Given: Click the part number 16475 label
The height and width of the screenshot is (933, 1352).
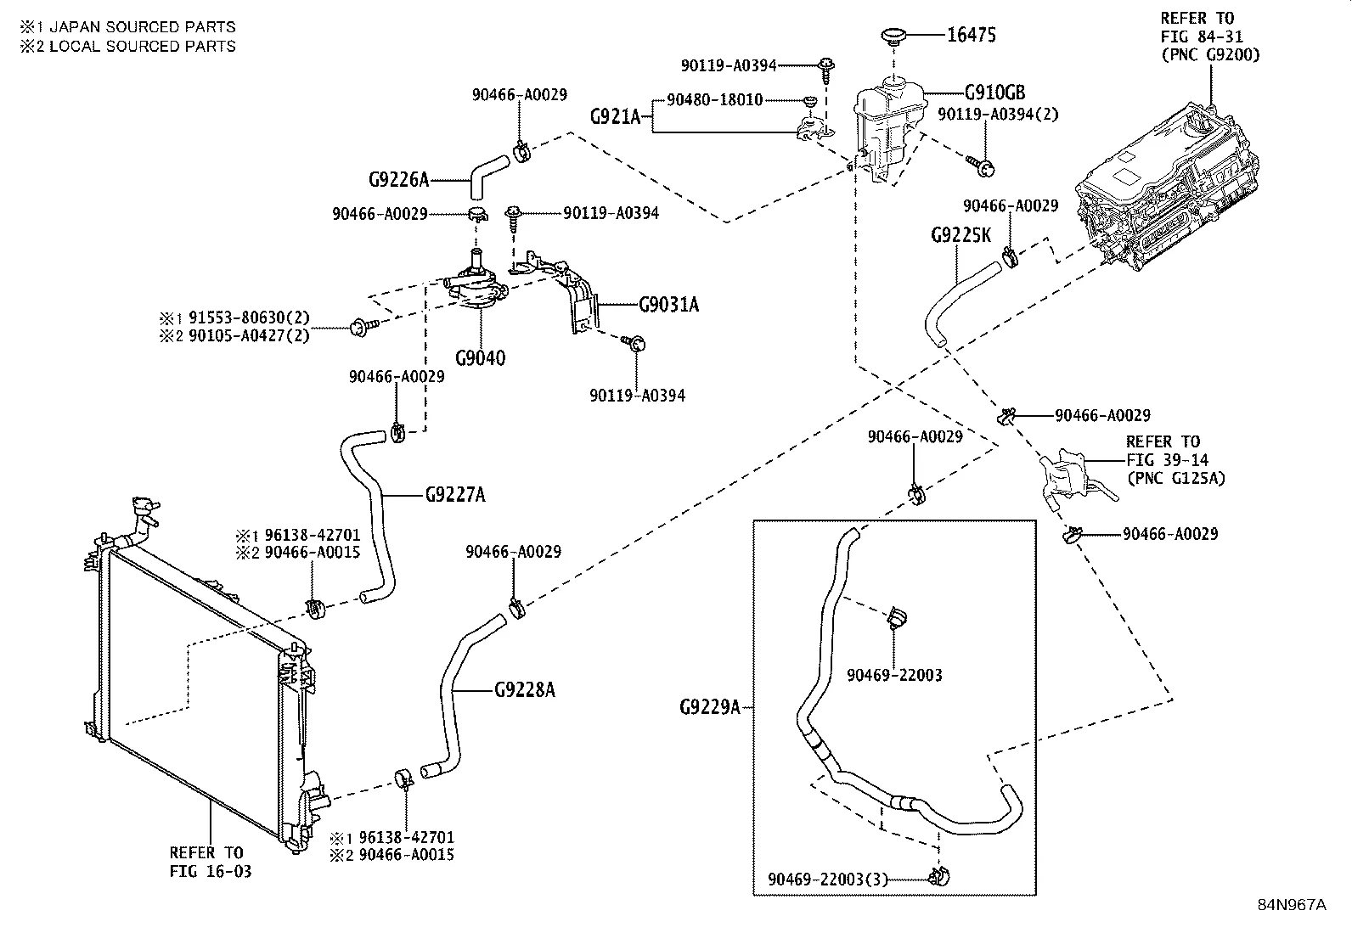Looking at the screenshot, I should point(972,35).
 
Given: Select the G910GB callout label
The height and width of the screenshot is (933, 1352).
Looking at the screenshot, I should point(994,93).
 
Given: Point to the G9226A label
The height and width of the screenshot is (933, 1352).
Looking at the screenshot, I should point(398,180).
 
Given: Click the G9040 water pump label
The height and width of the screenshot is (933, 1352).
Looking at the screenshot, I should point(480,357).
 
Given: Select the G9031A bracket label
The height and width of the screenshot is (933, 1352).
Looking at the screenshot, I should point(668,304).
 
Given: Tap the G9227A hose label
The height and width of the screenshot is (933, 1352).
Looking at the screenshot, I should point(455,494).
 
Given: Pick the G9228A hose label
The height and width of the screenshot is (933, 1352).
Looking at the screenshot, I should point(524,690).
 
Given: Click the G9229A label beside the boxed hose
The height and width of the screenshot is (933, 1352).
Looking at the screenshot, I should point(710,706).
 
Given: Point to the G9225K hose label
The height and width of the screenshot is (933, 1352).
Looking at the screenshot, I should point(960,235).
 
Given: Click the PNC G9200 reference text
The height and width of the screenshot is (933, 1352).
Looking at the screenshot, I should point(1210,54).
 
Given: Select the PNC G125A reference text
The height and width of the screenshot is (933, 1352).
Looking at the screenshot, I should point(1176,478).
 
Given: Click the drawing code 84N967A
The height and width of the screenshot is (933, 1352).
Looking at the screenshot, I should point(1292,904).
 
